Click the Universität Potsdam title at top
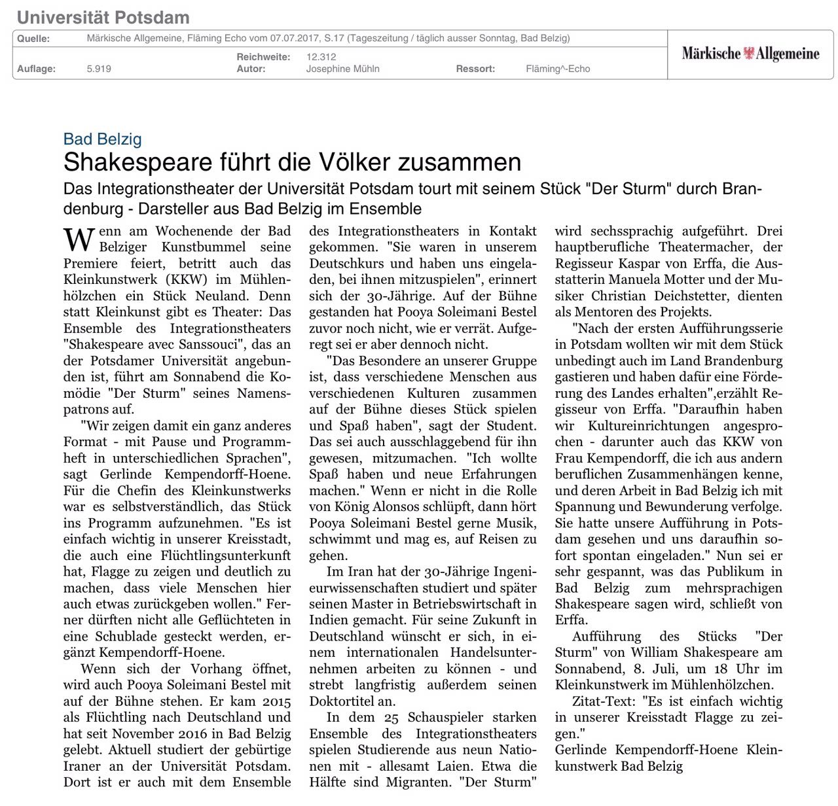click(x=103, y=18)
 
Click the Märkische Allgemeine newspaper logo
click(x=750, y=54)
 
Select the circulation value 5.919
click(x=99, y=69)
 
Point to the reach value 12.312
click(x=321, y=57)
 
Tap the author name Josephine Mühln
click(x=342, y=69)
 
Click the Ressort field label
click(x=475, y=69)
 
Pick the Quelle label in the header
click(x=33, y=39)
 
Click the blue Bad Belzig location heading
click(x=103, y=139)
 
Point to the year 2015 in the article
click(x=276, y=701)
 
